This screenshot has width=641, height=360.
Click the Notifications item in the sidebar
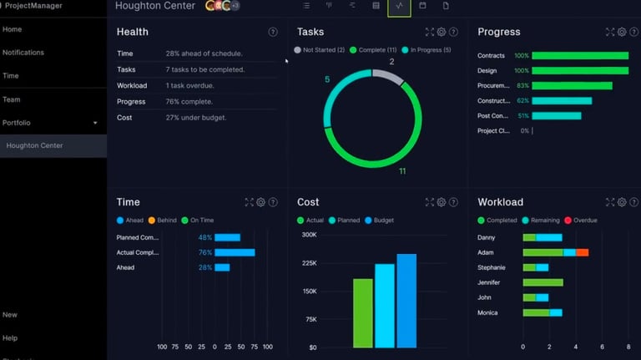tap(23, 53)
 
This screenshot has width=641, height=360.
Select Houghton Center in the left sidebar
tap(34, 146)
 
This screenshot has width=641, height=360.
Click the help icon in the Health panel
tap(273, 32)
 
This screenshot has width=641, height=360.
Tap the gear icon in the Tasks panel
tap(442, 32)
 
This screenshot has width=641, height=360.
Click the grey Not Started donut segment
tap(386, 77)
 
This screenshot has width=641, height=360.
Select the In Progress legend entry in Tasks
tap(426, 50)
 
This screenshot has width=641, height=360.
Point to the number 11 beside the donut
tap(402, 171)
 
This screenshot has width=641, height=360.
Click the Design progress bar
tap(579, 71)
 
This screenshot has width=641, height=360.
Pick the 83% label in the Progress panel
tap(522, 86)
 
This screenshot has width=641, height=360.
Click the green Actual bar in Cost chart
tap(363, 313)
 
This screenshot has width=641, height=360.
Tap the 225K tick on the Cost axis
tap(309, 263)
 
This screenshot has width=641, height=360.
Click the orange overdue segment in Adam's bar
tap(582, 252)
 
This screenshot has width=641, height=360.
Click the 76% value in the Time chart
tap(204, 252)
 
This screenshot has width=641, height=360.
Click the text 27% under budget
tap(196, 118)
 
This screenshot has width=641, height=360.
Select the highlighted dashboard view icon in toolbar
tap(400, 7)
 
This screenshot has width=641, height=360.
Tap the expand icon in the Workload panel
tap(609, 202)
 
